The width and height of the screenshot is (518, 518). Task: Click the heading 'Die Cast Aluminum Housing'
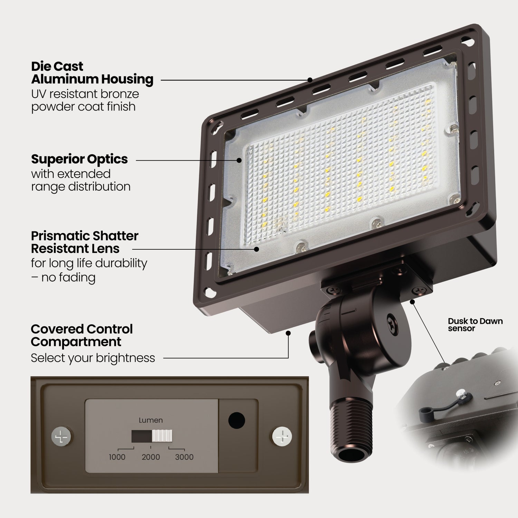(92, 73)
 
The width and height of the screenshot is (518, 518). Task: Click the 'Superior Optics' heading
(79, 159)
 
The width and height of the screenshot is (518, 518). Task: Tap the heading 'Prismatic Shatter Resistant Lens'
(85, 242)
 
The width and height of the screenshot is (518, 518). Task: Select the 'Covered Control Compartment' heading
(81, 335)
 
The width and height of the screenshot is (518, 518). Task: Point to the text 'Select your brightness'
(93, 358)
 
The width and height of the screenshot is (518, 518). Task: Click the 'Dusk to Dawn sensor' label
(475, 325)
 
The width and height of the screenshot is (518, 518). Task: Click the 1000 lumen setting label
(117, 457)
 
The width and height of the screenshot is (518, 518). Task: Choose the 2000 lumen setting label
(151, 457)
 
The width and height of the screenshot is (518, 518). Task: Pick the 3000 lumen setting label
(184, 457)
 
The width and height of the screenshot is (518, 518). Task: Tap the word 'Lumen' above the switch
(151, 420)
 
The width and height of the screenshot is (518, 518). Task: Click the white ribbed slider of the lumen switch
(162, 437)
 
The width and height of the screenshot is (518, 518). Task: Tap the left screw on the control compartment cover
(62, 437)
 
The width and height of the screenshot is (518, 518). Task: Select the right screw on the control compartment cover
(282, 437)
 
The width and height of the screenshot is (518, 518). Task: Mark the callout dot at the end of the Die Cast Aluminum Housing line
(310, 80)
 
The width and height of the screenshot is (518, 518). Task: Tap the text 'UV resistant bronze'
(85, 94)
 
